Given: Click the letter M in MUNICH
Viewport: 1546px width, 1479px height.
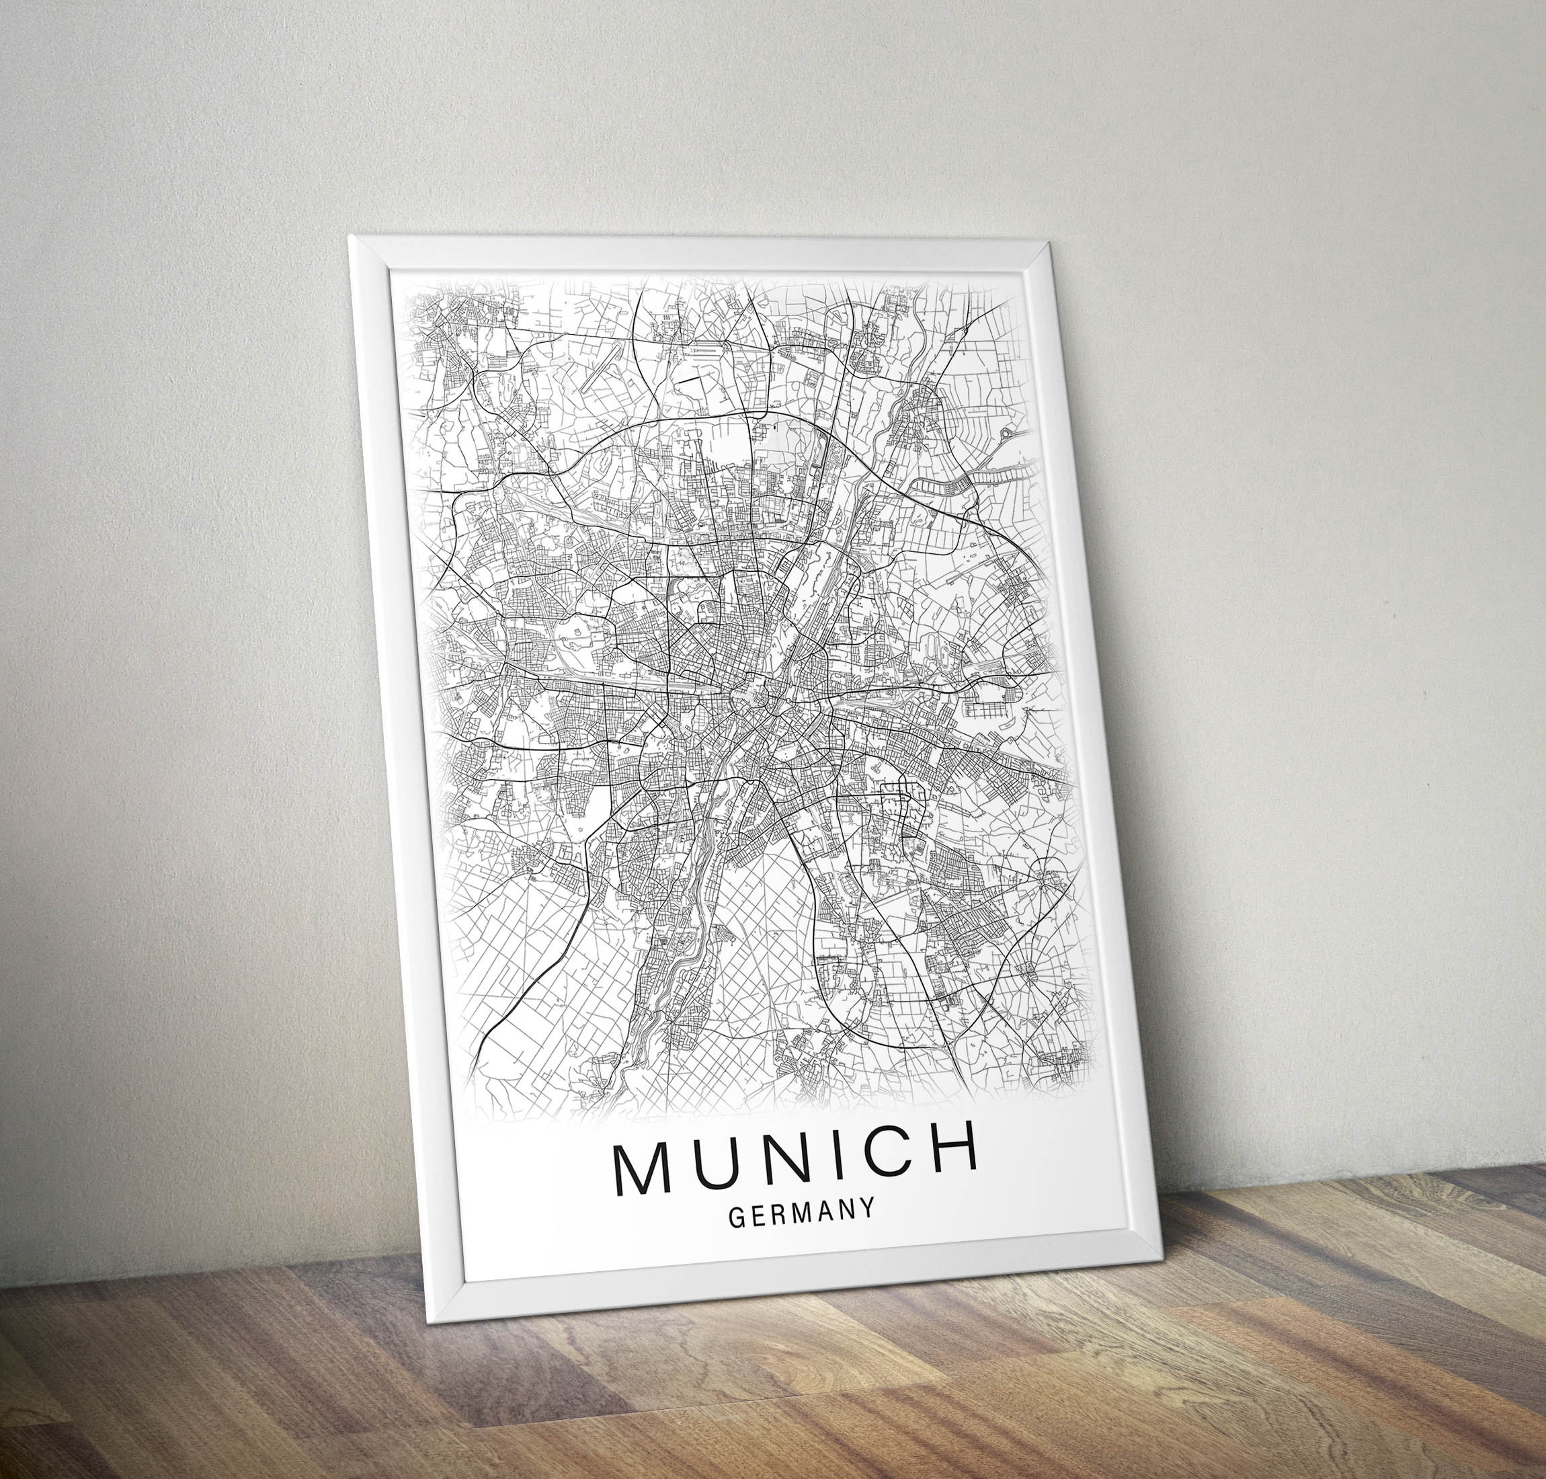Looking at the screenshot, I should coord(642,1170).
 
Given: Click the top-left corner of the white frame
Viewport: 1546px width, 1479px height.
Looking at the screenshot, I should coord(351,237).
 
